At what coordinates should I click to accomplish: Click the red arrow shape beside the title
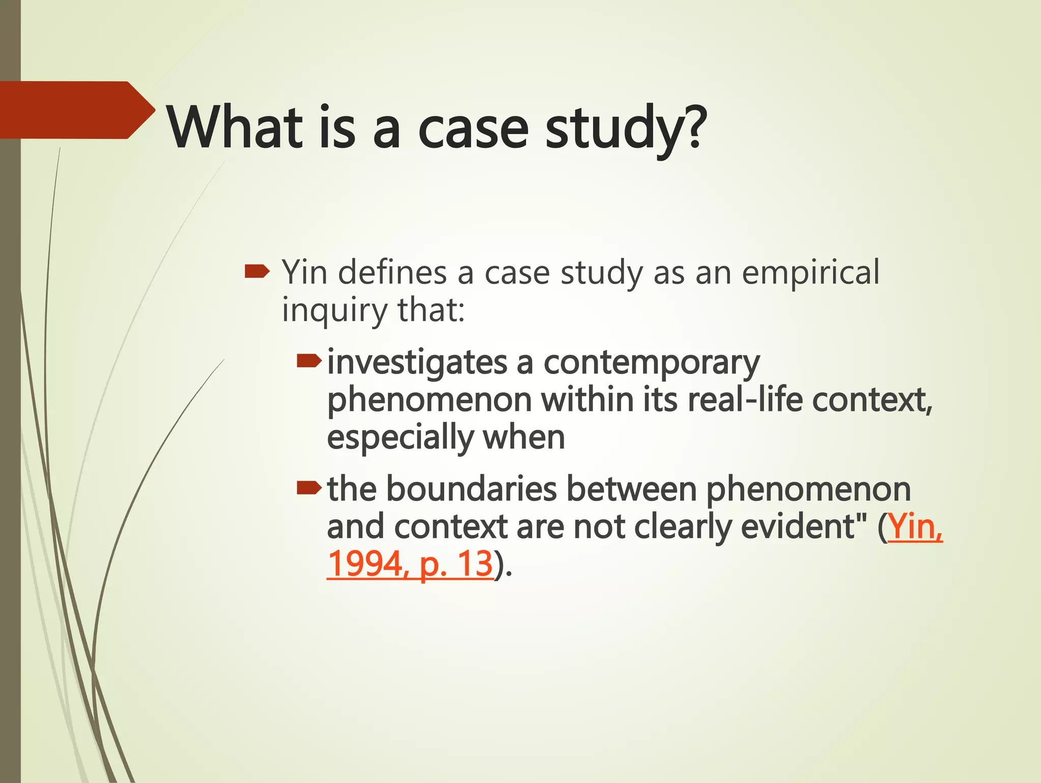pos(76,110)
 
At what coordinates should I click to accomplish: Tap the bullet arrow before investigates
pos(309,361)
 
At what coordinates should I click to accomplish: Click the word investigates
pos(417,363)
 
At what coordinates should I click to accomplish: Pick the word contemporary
pos(652,363)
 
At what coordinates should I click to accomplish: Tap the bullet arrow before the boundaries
pos(309,488)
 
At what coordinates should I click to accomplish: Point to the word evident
pos(798,527)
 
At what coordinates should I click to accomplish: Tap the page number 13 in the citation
pos(475,564)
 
